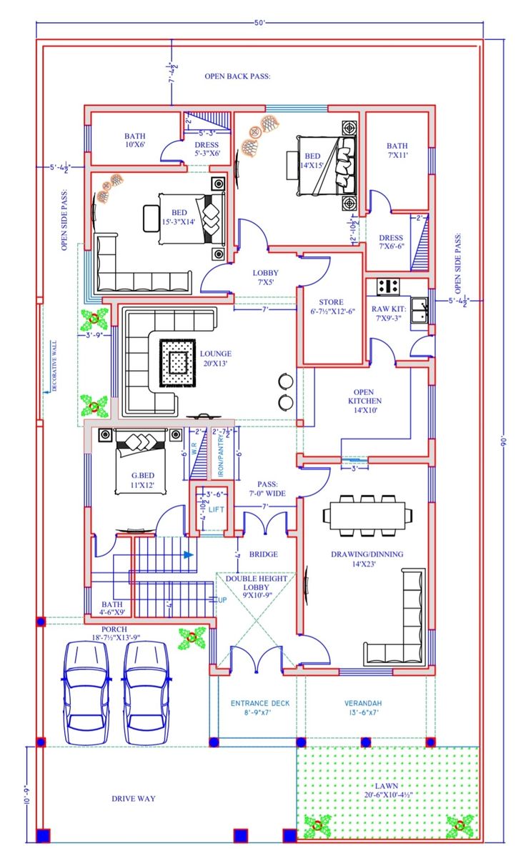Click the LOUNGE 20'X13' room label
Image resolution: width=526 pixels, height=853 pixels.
pos(215,358)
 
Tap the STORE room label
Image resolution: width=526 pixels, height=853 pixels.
pos(332,302)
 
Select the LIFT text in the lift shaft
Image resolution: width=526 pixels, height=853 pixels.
pos(216,510)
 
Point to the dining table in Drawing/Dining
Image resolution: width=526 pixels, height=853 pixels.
pos(367,515)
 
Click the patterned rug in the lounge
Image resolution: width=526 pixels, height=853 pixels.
pos(177,363)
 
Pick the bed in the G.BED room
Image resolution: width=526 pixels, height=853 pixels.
pos(140,462)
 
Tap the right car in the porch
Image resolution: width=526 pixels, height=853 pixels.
pos(144,692)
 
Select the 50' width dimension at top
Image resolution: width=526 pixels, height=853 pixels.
pos(259,23)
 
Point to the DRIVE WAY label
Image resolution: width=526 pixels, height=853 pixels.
pos(133,799)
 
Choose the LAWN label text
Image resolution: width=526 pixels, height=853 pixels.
pos(386,786)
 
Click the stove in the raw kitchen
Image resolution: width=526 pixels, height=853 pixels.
pos(388,286)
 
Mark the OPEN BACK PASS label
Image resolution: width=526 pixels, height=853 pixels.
pos(237,76)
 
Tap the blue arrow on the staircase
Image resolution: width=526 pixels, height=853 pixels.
pos(188,555)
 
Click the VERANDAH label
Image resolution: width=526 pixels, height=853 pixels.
pos(363,704)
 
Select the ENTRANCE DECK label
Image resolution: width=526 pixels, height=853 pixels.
pos(260,704)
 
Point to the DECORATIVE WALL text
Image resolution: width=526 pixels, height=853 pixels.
pos(54,366)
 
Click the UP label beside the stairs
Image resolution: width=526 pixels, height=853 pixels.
pos(222,600)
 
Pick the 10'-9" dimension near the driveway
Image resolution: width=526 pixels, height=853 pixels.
pos(26,794)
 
